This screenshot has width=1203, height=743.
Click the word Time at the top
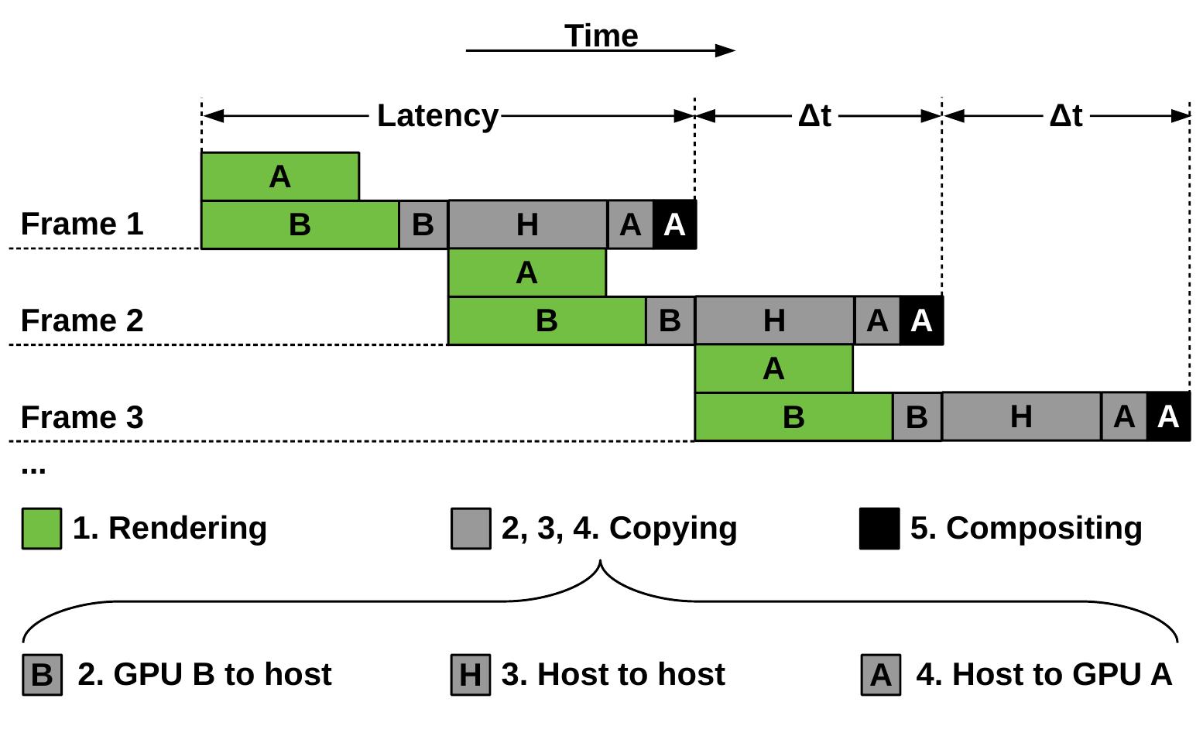[601, 36]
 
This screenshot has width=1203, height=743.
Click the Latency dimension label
[437, 116]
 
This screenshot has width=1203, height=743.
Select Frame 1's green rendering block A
[279, 176]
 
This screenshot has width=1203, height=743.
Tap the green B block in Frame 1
[300, 224]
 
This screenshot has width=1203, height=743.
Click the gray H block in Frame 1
[527, 224]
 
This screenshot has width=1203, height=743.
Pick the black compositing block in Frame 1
[674, 224]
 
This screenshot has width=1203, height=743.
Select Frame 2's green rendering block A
[526, 272]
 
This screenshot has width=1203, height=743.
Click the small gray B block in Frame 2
[670, 320]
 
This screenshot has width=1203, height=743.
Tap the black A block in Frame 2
[921, 320]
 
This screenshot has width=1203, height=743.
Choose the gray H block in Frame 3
[1021, 417]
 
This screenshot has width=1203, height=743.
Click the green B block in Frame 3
[793, 417]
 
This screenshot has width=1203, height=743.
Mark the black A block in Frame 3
[1168, 417]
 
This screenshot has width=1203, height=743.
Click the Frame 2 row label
[82, 320]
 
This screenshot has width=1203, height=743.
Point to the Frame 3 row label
[82, 417]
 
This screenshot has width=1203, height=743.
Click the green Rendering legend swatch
[41, 529]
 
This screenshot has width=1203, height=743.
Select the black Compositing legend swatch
[879, 529]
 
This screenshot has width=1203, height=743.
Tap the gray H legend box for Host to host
[471, 675]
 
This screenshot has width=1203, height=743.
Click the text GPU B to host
[222, 674]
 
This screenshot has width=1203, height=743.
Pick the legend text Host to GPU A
[1061, 674]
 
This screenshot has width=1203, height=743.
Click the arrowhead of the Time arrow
[725, 51]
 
